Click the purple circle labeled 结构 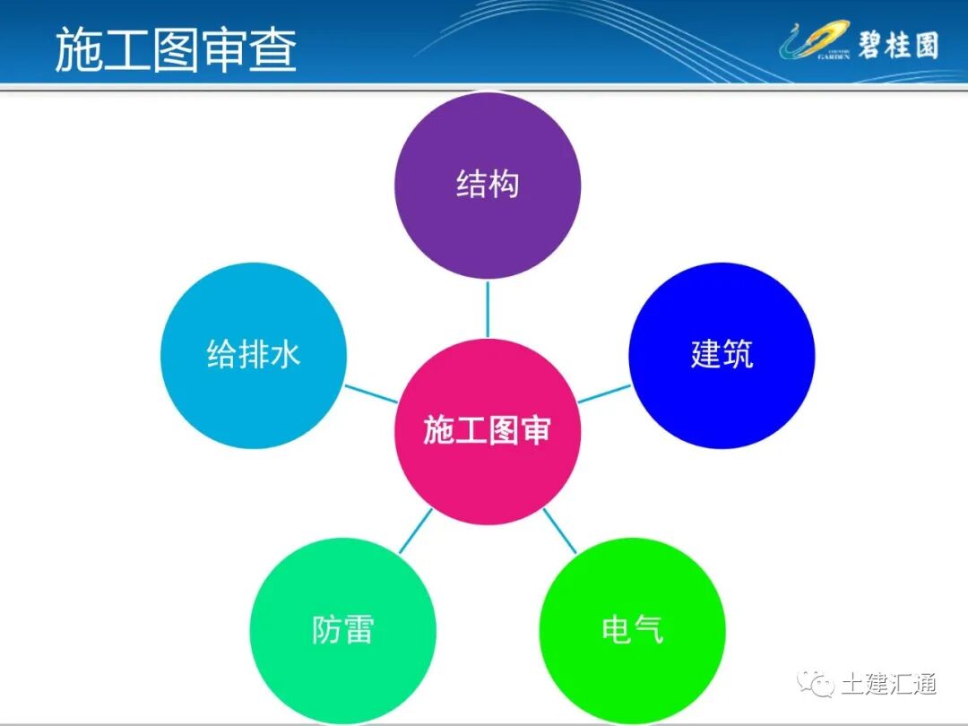coord(488,186)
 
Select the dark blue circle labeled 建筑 coord(722,355)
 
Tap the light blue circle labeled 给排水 coord(254,355)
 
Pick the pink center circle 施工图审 coord(488,431)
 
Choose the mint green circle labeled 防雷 coord(342,630)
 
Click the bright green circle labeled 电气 coord(633,630)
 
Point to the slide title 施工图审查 coord(176,49)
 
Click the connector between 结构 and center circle coord(488,308)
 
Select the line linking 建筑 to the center coord(604,393)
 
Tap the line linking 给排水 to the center coord(371,393)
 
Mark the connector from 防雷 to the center coord(415,531)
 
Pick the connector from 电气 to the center coord(560,531)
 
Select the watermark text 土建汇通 coord(889,684)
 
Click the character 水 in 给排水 coord(286,355)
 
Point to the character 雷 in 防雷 coord(359,630)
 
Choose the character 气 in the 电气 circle coord(649,630)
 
